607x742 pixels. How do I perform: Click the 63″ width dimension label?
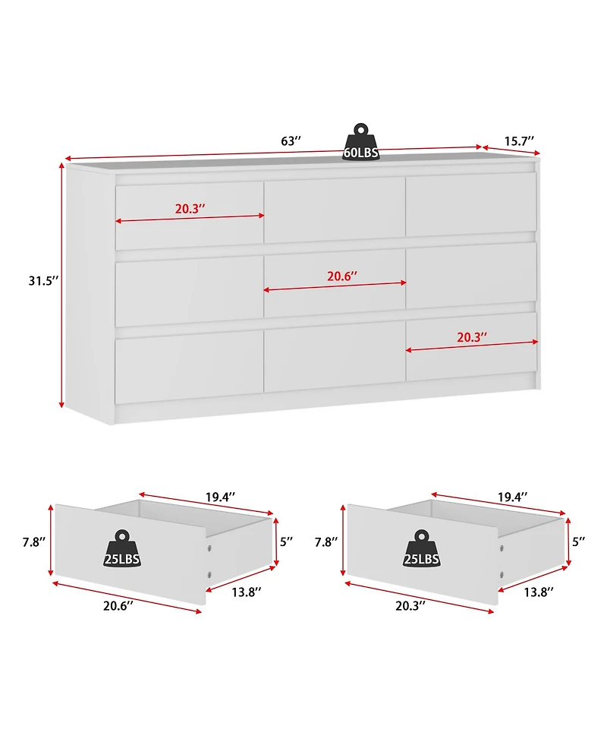tap(291, 141)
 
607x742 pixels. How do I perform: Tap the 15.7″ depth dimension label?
tap(519, 141)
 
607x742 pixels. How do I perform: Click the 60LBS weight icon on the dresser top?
tap(361, 142)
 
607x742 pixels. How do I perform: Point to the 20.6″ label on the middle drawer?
tap(343, 276)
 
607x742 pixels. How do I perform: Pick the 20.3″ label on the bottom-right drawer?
tap(472, 337)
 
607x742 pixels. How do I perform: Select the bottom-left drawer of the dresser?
tap(189, 368)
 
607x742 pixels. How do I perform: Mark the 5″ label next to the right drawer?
tap(579, 542)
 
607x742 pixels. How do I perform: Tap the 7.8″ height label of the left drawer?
tap(33, 542)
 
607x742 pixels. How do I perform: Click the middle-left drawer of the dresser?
tap(189, 292)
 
